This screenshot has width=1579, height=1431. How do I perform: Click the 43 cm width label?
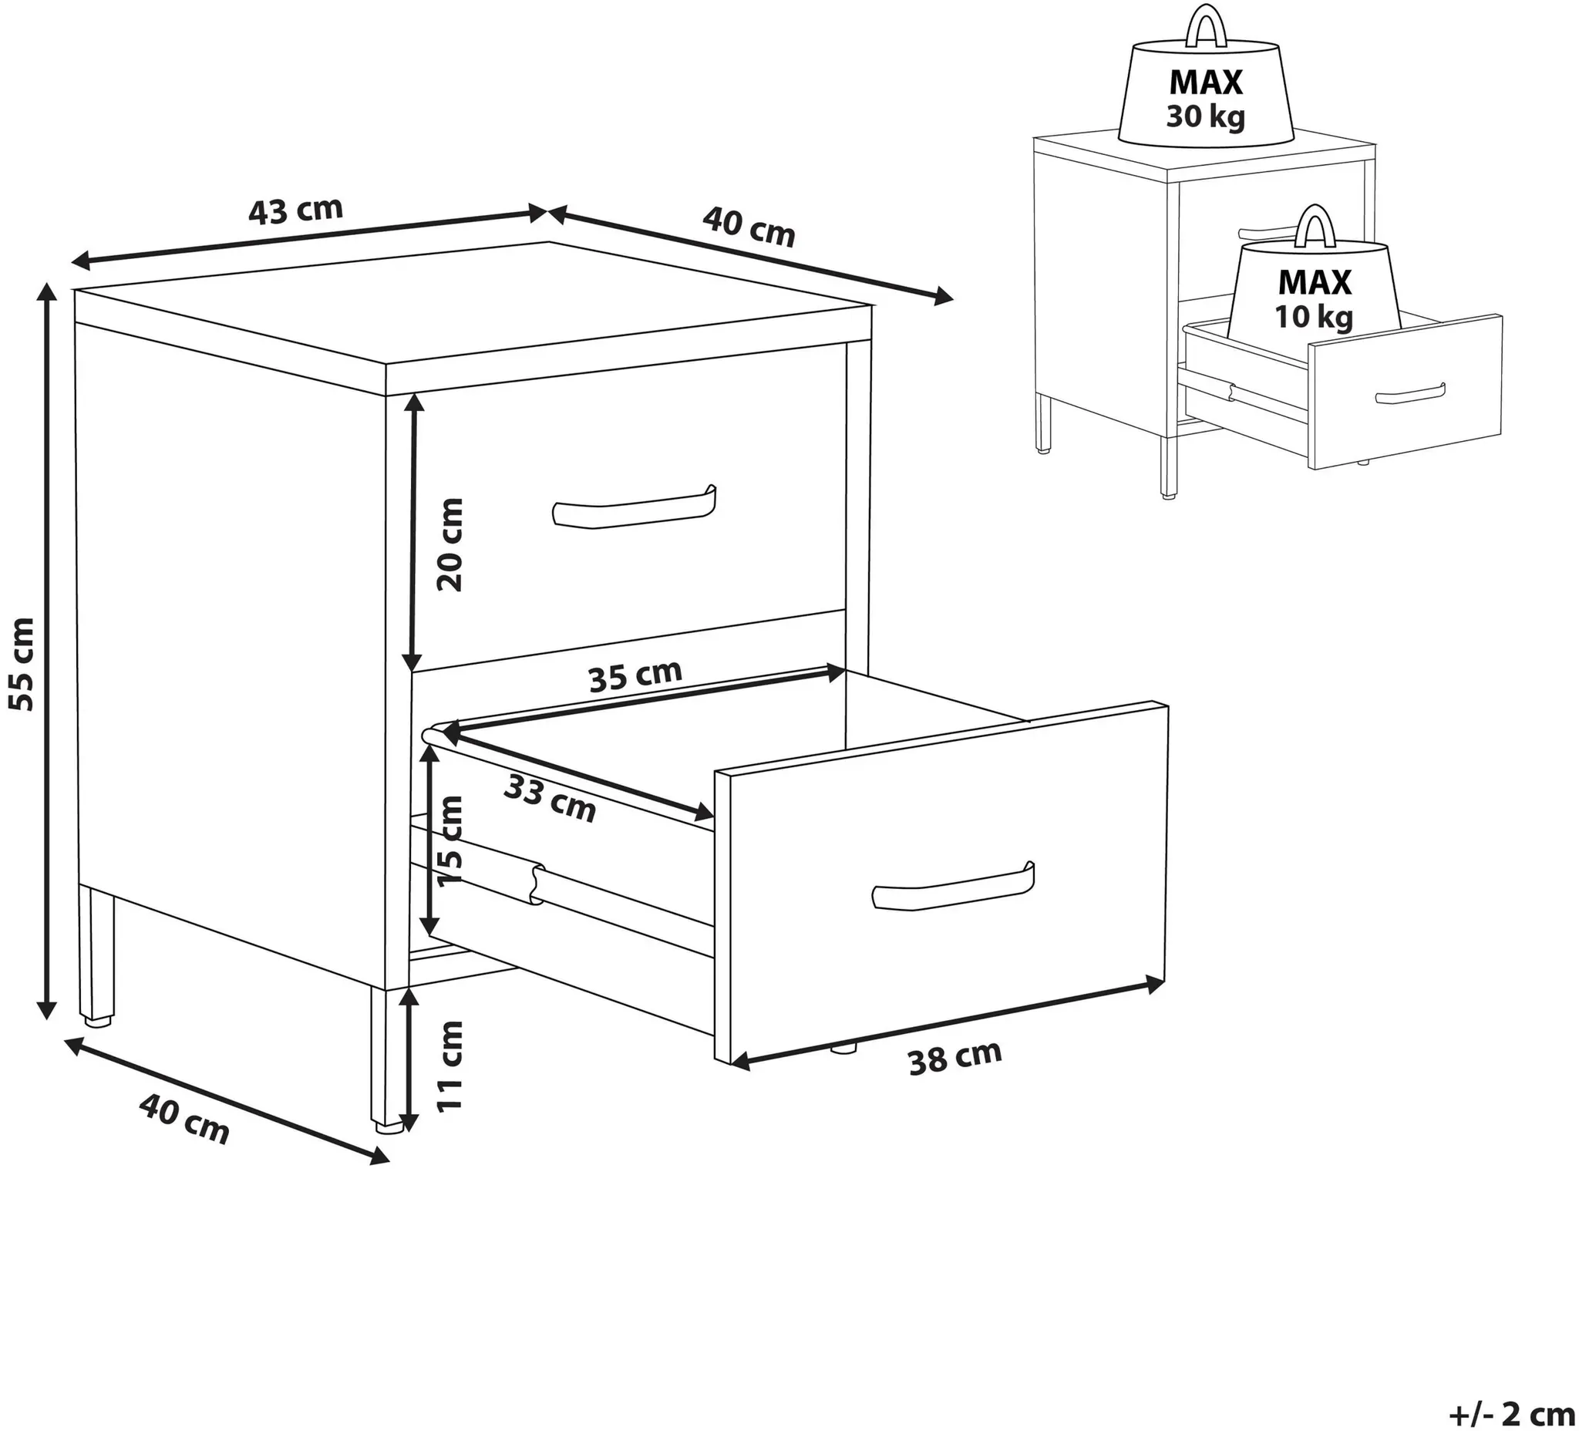coord(295,210)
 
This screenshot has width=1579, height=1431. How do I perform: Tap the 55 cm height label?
coord(22,664)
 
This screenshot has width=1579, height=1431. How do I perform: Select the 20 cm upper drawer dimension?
coord(450,544)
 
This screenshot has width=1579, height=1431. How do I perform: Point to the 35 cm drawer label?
coord(635,676)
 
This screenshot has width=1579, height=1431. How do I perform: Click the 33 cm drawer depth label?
coord(550,797)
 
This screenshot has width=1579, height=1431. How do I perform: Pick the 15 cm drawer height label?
coord(450,841)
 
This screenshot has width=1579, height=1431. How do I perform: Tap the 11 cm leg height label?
coord(450,1066)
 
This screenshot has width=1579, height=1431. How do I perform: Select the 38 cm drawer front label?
coord(954,1057)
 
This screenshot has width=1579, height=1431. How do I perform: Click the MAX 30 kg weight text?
coord(1205,98)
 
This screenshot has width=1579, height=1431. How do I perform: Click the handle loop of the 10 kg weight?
coord(1315,227)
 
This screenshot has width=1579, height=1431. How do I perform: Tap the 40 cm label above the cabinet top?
coord(749,227)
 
